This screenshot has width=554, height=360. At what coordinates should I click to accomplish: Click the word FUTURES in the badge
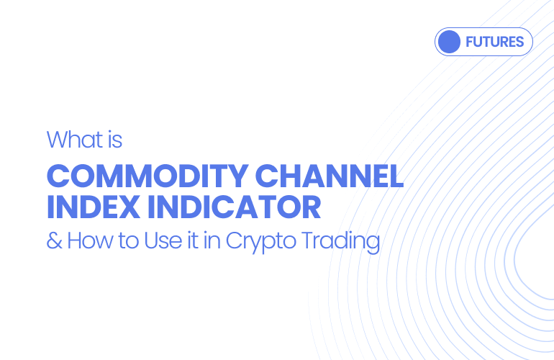[494, 42]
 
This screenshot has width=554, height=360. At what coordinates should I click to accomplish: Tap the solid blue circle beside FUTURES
[449, 42]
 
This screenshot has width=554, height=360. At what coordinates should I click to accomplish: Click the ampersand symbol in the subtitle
[54, 240]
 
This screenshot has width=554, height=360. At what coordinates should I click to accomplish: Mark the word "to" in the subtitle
[128, 240]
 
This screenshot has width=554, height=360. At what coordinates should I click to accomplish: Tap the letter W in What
[58, 139]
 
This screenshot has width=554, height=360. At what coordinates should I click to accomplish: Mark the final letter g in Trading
[372, 243]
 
